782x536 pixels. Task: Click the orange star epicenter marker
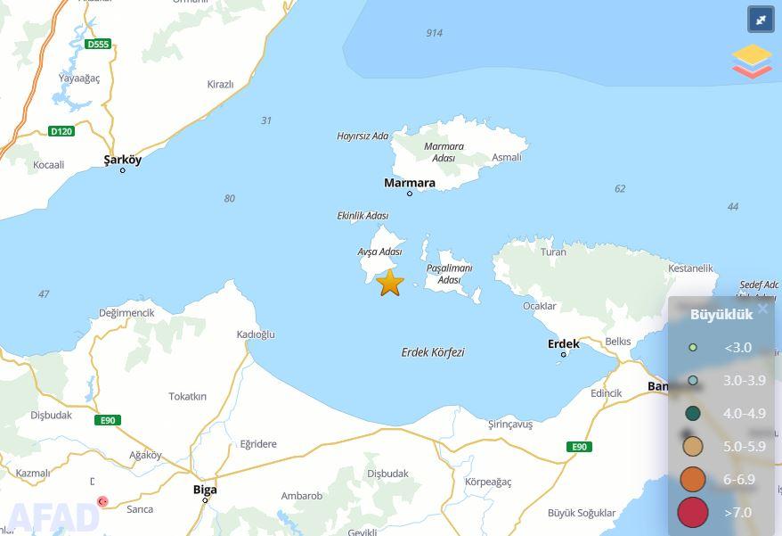390,283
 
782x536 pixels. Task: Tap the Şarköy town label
122,160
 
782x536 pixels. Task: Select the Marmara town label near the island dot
410,183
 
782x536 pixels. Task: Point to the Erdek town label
564,343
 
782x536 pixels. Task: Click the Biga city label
205,490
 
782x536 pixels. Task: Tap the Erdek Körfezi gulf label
433,352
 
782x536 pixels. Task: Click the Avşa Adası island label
379,252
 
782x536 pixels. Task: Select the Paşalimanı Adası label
449,274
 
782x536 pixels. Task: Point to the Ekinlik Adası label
362,216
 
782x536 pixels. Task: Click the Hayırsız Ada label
362,136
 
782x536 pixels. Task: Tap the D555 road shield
98,44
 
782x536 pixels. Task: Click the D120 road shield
61,131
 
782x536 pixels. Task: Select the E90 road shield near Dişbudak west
108,420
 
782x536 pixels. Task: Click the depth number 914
434,33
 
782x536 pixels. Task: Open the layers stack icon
753,61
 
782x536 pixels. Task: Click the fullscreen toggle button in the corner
761,20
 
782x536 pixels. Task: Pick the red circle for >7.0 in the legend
693,513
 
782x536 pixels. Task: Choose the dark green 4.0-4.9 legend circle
693,413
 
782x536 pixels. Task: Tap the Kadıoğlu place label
256,334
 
